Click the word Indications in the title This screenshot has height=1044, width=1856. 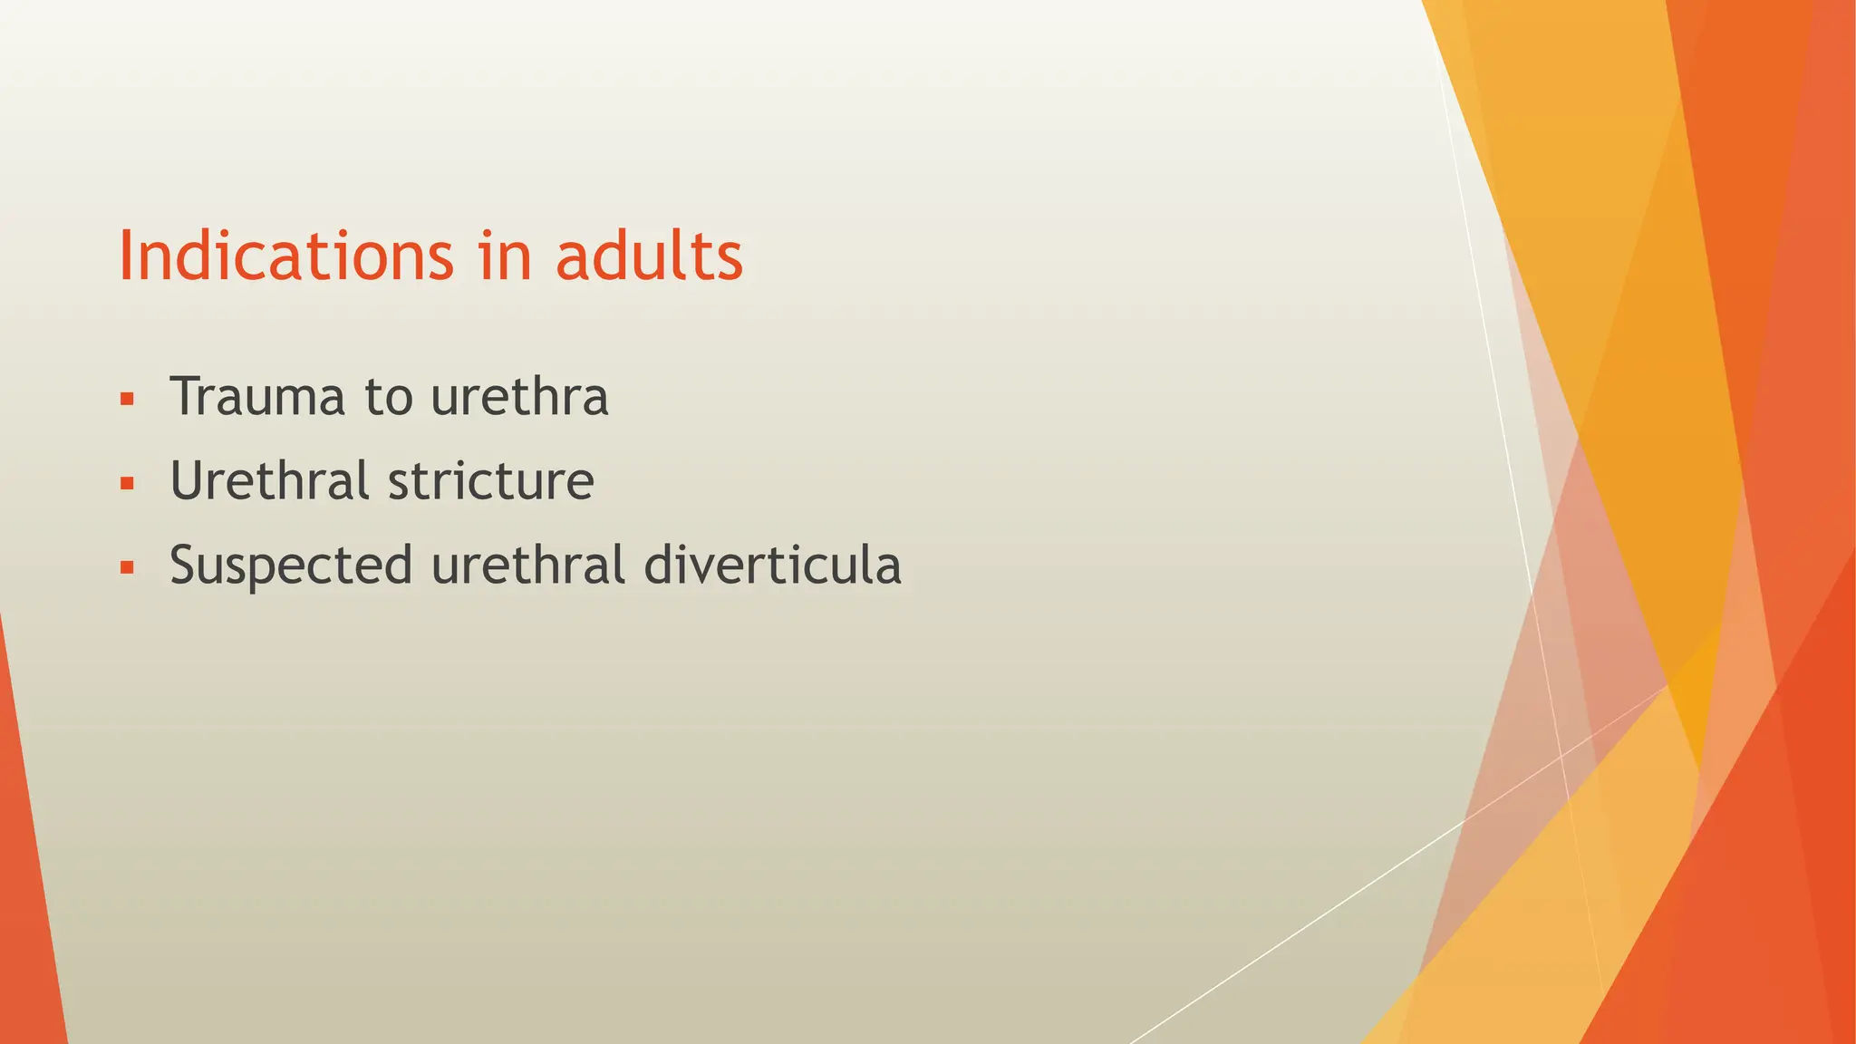285,256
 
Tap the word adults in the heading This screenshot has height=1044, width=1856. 649,256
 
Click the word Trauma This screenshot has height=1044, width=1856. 257,397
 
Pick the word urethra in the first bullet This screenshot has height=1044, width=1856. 519,397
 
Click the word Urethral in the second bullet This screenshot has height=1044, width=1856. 269,480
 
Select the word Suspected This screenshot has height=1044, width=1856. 291,565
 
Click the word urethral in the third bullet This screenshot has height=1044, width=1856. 527,565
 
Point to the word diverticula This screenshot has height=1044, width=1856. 772,565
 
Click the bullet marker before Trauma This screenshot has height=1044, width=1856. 127,398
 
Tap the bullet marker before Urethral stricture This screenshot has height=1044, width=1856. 127,483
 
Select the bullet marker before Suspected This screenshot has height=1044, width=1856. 127,568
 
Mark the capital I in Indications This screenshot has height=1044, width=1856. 127,256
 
